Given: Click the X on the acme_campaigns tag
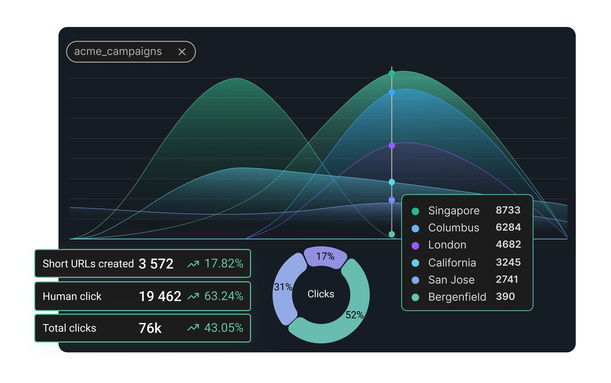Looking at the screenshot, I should click(x=182, y=52).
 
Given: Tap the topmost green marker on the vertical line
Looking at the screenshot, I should click(x=392, y=73).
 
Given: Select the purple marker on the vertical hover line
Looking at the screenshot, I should click(x=392, y=145).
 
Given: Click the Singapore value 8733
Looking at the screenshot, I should click(x=508, y=210).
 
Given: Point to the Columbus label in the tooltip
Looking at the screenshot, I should click(x=454, y=228).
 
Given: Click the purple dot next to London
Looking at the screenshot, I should click(x=415, y=245).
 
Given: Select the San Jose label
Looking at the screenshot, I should click(x=451, y=280).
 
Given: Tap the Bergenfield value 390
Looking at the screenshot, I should click(x=505, y=296).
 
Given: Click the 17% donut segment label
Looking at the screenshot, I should click(x=325, y=256).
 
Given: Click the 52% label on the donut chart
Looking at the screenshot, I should click(x=355, y=315).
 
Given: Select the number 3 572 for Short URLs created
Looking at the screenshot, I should click(x=156, y=264).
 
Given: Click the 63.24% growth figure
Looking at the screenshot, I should click(x=224, y=296).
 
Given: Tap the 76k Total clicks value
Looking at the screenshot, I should click(x=150, y=328).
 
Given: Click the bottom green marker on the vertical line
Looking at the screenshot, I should click(x=392, y=234).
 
